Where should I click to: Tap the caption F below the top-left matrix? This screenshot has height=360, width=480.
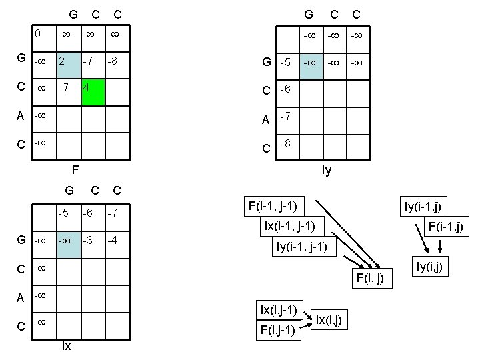75,169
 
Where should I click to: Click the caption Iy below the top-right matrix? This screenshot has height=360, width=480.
326,171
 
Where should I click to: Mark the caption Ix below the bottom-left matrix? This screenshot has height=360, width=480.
67,346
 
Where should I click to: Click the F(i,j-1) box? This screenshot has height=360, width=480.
279,329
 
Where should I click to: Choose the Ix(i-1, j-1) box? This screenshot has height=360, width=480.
294,226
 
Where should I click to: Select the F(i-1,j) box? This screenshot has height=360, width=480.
445,228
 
